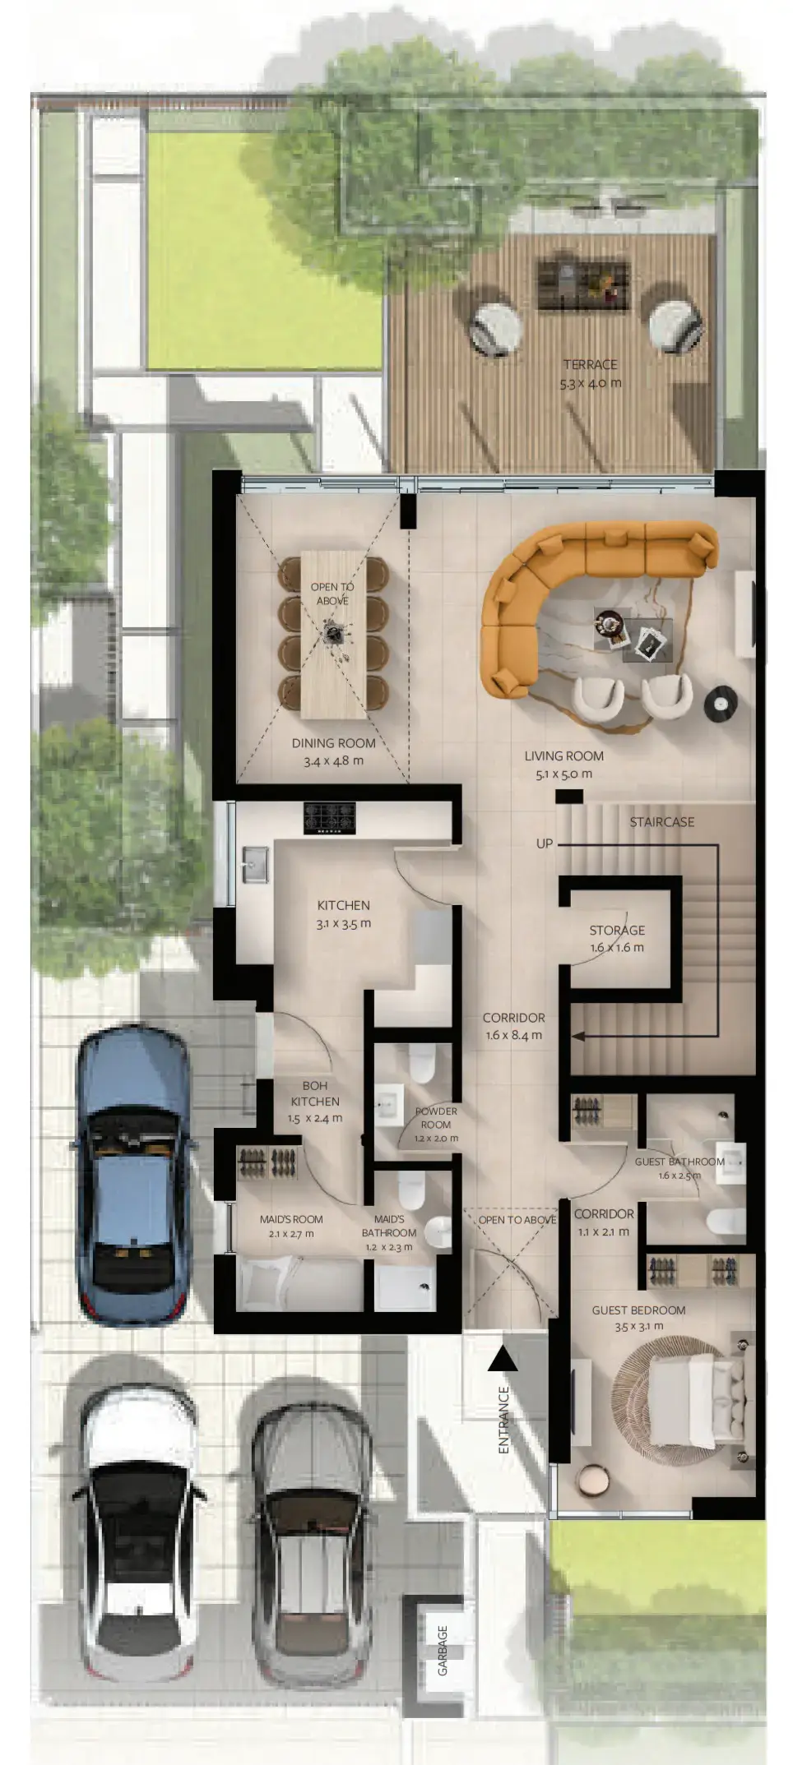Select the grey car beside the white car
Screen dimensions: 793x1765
tap(311, 1539)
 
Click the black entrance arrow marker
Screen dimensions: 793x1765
tap(503, 1359)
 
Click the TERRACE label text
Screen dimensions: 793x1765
tap(590, 364)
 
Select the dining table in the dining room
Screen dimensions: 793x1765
tap(332, 634)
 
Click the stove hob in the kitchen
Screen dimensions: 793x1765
tap(329, 818)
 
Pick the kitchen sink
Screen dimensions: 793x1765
tap(255, 864)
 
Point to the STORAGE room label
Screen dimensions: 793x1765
tap(617, 930)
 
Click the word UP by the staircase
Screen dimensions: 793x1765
tap(545, 843)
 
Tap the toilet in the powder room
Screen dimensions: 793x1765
tap(421, 1064)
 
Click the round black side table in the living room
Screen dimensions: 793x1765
tap(721, 704)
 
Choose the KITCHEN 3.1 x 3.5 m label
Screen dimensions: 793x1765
tap(344, 914)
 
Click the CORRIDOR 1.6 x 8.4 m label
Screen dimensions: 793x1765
tap(514, 1027)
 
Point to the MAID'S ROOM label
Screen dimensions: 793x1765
tap(291, 1219)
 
